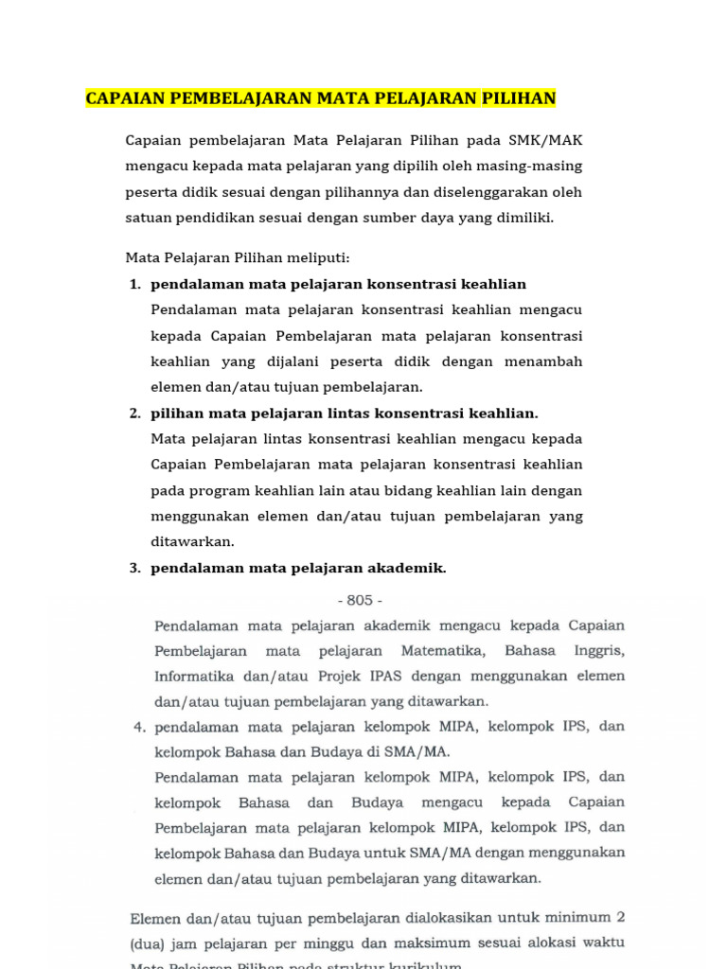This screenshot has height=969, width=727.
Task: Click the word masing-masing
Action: [533, 166]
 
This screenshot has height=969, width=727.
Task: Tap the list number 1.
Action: [134, 285]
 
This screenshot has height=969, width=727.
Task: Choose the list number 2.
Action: [134, 414]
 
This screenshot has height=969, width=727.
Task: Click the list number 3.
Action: [134, 568]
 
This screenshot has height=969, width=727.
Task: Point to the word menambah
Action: [545, 361]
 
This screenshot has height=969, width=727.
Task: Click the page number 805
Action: [360, 600]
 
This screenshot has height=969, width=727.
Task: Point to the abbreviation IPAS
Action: [399, 677]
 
